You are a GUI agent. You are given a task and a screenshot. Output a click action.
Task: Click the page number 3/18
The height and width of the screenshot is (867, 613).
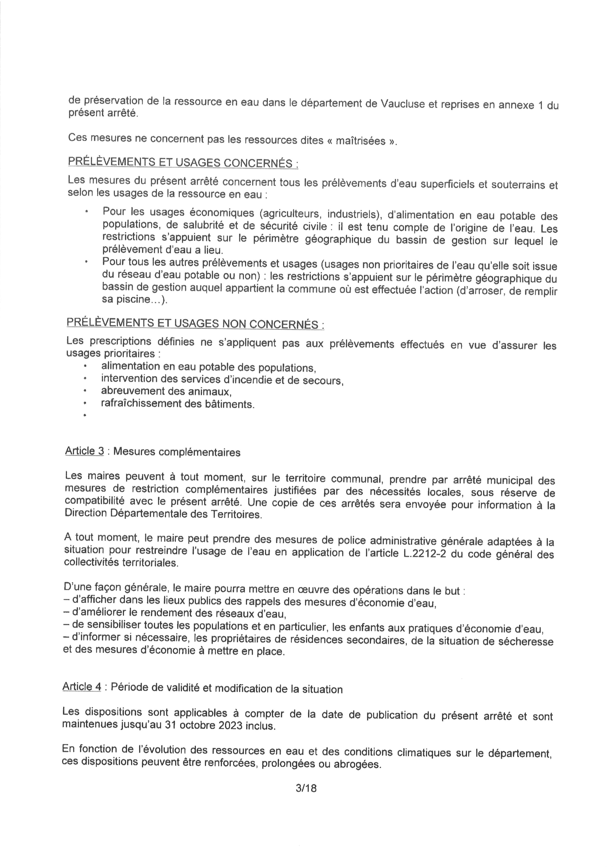[306, 788]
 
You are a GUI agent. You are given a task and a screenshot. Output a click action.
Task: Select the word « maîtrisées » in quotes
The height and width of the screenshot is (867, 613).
[366, 141]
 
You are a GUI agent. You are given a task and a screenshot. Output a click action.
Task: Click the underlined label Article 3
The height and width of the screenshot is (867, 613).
[84, 451]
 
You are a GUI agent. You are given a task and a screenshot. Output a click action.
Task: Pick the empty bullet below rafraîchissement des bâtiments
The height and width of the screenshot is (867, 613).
[85, 415]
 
